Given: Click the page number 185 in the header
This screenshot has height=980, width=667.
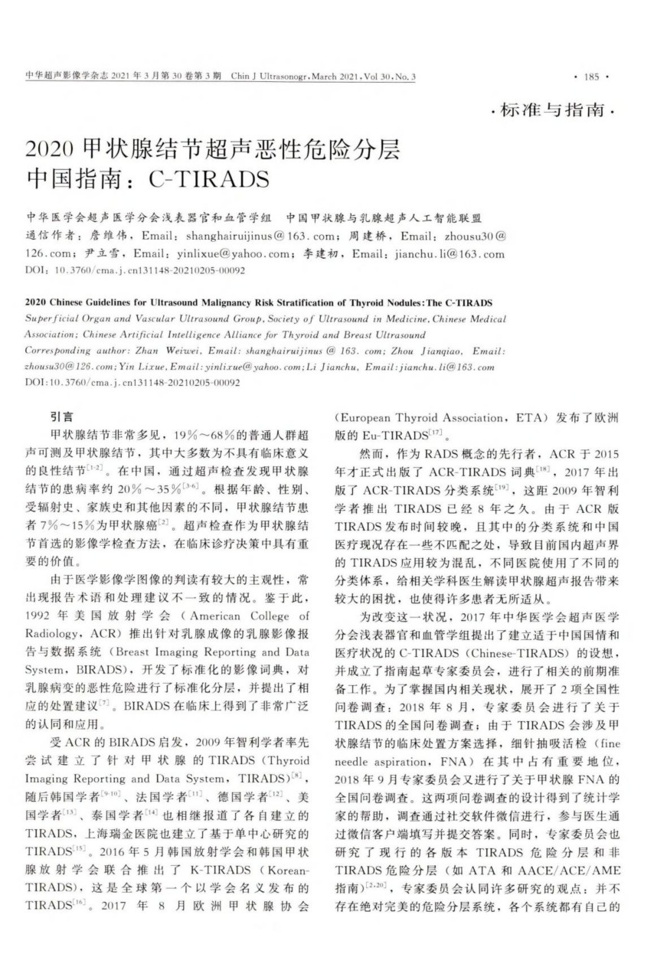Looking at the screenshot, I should (x=590, y=77).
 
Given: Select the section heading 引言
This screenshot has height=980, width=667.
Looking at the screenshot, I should (x=61, y=416).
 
